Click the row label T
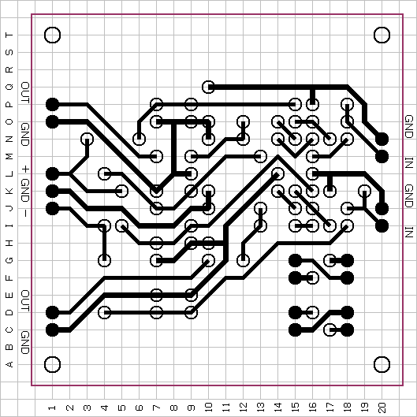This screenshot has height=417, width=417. click(x=9, y=35)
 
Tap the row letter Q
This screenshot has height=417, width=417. click(x=9, y=87)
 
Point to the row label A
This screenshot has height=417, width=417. click(x=9, y=364)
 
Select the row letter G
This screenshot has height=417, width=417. click(x=9, y=260)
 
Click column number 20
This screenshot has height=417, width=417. click(x=382, y=408)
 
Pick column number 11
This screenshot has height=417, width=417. click(x=225, y=408)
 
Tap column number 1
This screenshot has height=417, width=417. click(x=52, y=408)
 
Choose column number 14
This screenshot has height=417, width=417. click(x=278, y=408)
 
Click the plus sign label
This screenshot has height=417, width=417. click(x=25, y=169)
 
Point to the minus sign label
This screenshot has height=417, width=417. click(x=25, y=213)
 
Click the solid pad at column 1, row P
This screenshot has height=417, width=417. click(x=52, y=104)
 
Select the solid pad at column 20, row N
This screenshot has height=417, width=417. click(x=382, y=139)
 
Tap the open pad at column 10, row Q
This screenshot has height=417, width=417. click(x=208, y=87)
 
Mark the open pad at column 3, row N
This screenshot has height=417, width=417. click(x=87, y=139)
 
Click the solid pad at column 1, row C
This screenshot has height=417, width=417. click(x=52, y=330)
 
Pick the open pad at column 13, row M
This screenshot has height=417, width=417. click(x=260, y=156)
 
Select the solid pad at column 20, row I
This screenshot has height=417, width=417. click(x=382, y=225)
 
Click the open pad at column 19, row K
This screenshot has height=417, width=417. click(x=365, y=191)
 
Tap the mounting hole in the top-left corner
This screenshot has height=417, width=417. click(x=52, y=35)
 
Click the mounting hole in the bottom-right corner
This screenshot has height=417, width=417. click(x=382, y=364)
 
